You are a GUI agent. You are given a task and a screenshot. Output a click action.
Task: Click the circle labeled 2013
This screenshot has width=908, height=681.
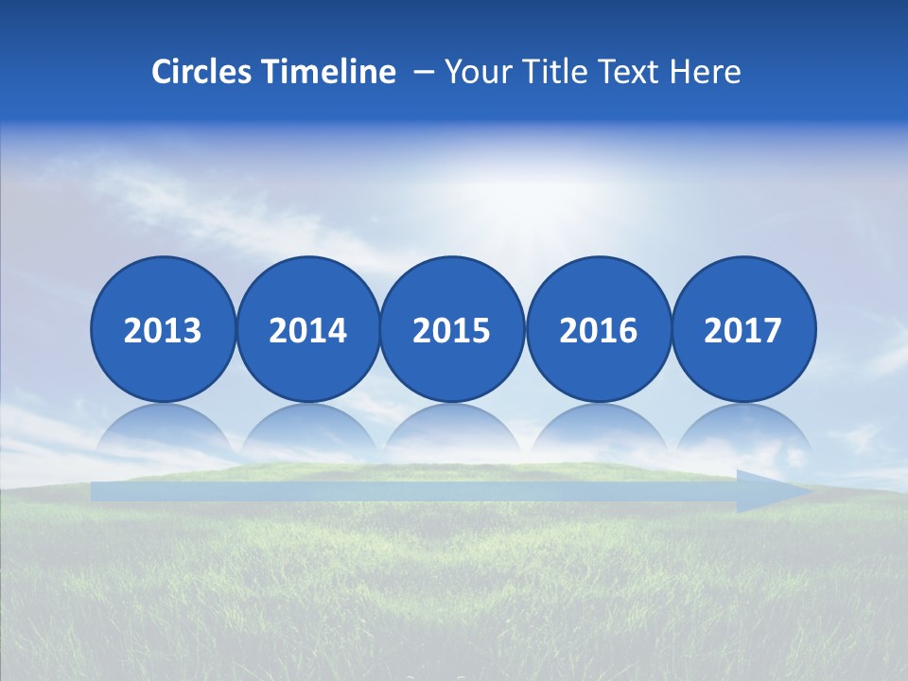point(163,329)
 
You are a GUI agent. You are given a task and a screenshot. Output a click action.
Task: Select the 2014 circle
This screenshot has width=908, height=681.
point(307,329)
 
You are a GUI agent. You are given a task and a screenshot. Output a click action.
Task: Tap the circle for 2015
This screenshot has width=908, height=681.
point(452,329)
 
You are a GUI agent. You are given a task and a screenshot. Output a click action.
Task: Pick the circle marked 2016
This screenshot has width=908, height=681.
point(598,329)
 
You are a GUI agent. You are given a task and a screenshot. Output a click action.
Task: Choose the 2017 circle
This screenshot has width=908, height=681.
point(743,329)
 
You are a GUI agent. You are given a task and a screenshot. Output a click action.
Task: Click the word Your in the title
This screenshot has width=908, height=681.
point(475,72)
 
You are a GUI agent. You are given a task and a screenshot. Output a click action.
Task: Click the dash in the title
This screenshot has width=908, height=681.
point(424,72)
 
